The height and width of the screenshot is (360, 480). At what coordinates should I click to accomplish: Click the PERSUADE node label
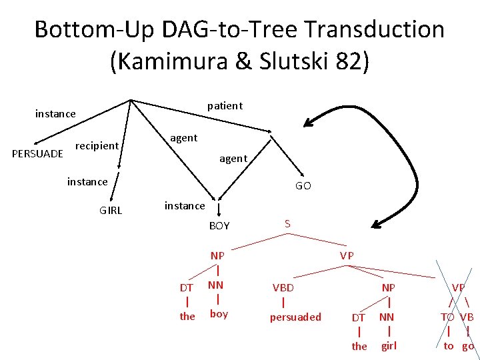[x=38, y=153]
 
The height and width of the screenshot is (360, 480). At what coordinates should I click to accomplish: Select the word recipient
[x=97, y=145]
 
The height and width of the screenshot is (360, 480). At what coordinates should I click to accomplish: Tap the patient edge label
[x=225, y=105]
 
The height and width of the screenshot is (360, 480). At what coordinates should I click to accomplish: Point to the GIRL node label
[x=111, y=211]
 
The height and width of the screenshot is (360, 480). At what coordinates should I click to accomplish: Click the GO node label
[x=303, y=186]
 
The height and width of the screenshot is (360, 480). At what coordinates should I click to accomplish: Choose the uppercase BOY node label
[x=219, y=226]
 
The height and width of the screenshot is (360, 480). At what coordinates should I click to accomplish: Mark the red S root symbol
[x=287, y=223]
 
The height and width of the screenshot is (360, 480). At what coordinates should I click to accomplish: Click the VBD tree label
[x=283, y=287]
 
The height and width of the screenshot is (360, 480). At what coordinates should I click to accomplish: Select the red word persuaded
[x=295, y=317]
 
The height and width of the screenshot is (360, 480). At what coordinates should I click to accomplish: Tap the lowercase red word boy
[x=219, y=313]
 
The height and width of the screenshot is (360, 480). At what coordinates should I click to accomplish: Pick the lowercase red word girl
[x=389, y=345]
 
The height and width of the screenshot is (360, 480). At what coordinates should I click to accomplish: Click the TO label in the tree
[x=447, y=317]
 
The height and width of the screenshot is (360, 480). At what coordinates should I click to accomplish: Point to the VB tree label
[x=467, y=317]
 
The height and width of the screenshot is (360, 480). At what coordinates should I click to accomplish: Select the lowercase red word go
[x=468, y=345]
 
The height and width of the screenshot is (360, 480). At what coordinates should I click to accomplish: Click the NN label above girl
[x=387, y=317]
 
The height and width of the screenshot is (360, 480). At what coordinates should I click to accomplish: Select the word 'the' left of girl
[x=359, y=346]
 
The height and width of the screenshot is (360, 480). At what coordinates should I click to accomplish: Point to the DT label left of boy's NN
[x=187, y=287]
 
